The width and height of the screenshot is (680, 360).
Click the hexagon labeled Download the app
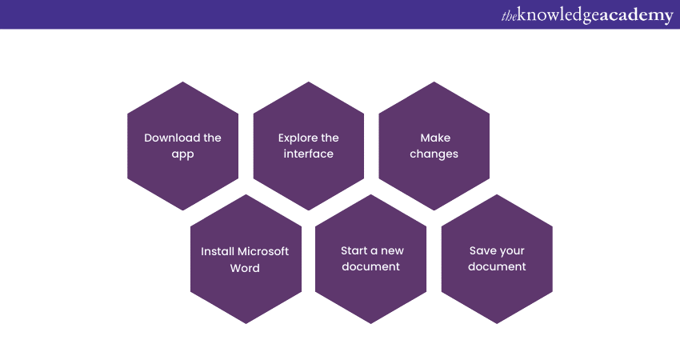(182, 146)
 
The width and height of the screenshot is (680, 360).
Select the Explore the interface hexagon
(308, 146)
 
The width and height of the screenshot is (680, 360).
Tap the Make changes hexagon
(434, 146)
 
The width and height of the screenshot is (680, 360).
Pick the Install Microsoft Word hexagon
(245, 259)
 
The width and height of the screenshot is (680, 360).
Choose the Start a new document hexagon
(370, 259)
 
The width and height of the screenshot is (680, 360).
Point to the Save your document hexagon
(497, 259)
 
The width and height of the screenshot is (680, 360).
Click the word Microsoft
(262, 251)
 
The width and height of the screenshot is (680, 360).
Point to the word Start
(354, 251)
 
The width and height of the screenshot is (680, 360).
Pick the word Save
(483, 251)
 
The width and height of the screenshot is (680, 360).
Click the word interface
(308, 154)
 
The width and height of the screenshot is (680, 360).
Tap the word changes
(434, 154)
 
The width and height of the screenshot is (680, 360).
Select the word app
(182, 154)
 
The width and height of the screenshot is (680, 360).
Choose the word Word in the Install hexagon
(245, 267)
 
